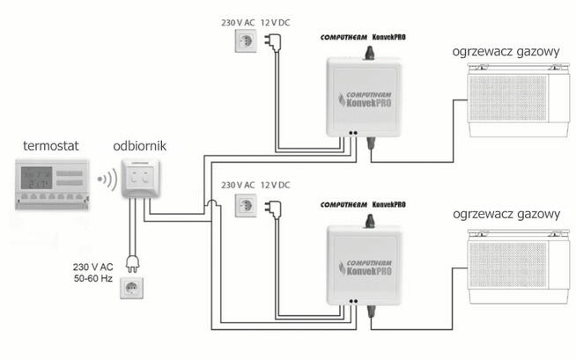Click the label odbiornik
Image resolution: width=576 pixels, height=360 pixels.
click(137, 144)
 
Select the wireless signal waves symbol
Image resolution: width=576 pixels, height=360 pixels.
click(106, 181)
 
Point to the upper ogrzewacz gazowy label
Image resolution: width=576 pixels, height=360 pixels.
click(506, 52)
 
